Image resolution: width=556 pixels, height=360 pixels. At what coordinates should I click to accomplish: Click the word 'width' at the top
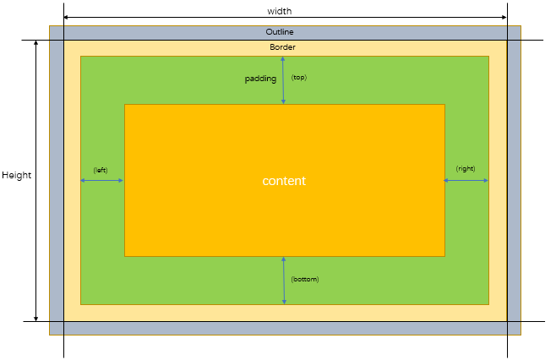pyautogui.click(x=279, y=11)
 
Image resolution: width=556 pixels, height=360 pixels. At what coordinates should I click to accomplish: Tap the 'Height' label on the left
pyautogui.click(x=16, y=175)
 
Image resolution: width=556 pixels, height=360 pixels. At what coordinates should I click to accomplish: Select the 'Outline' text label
pyautogui.click(x=279, y=32)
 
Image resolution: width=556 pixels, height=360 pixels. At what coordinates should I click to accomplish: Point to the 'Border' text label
pyautogui.click(x=282, y=47)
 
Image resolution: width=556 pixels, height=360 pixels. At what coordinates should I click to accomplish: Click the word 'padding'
pyautogui.click(x=260, y=79)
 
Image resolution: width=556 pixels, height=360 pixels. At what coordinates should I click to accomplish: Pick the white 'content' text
pyautogui.click(x=284, y=182)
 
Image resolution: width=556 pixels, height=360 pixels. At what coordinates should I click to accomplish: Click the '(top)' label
pyautogui.click(x=298, y=78)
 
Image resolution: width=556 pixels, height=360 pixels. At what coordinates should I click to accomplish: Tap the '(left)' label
pyautogui.click(x=101, y=170)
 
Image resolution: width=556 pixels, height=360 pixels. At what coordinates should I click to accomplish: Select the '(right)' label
pyautogui.click(x=466, y=169)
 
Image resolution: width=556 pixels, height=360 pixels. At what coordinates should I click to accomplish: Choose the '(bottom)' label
pyautogui.click(x=304, y=279)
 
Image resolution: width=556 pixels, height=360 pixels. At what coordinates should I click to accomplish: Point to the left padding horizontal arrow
pyautogui.click(x=102, y=180)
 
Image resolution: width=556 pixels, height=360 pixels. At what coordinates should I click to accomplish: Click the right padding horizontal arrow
pyautogui.click(x=466, y=180)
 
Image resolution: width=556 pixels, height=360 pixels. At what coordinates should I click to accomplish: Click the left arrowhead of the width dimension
pyautogui.click(x=67, y=17)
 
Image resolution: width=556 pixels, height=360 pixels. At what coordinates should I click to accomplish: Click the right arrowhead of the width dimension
pyautogui.click(x=504, y=17)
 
